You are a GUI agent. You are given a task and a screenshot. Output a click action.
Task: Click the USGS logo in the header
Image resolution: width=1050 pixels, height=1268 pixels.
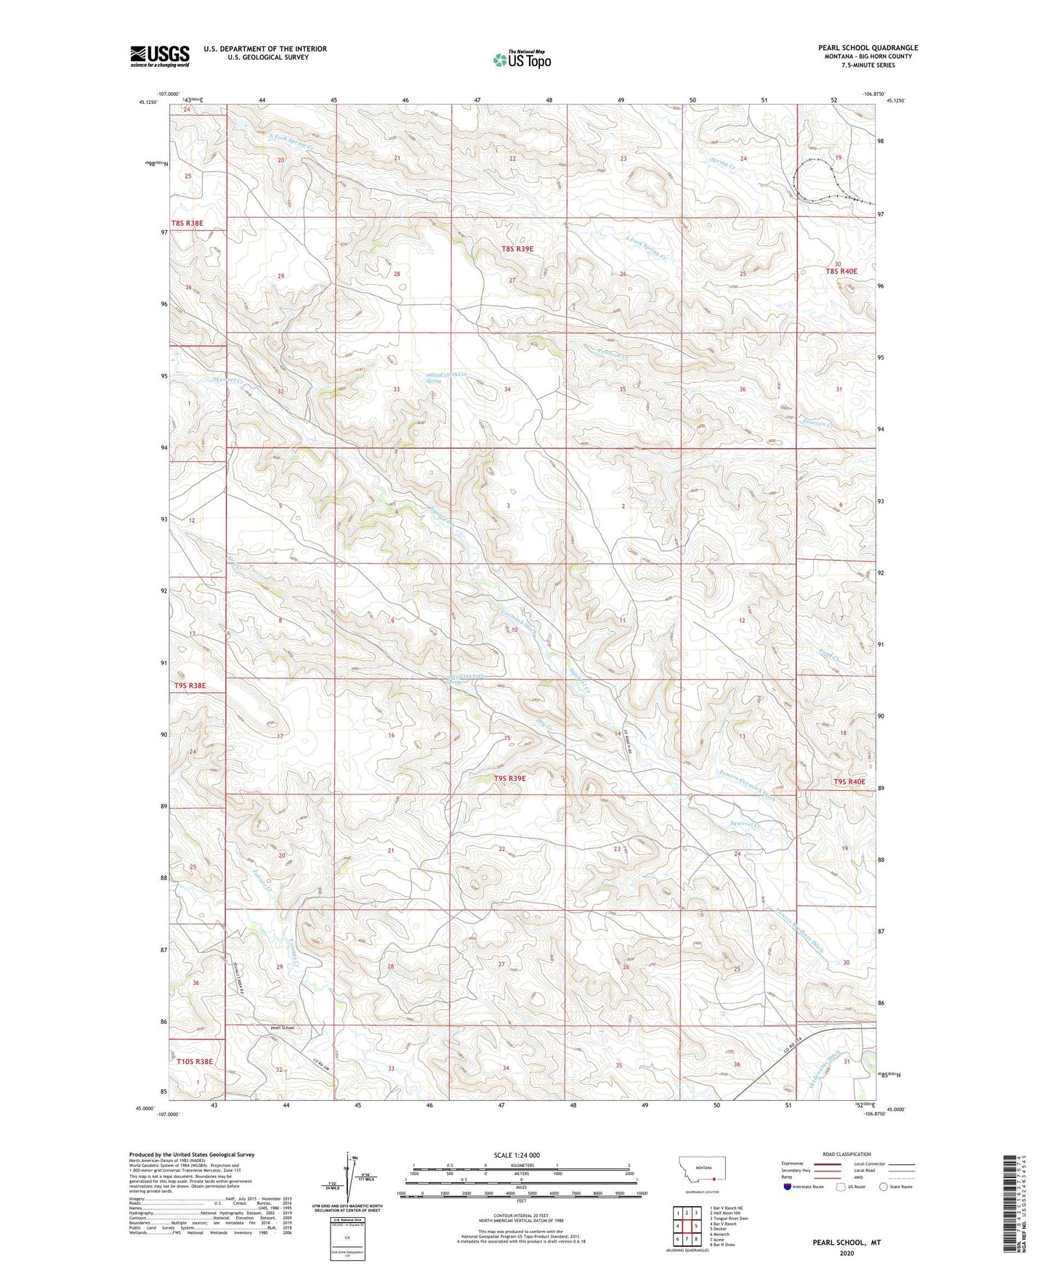click(x=160, y=56)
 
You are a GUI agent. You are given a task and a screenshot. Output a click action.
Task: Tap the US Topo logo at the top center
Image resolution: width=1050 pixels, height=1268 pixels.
click(x=522, y=60)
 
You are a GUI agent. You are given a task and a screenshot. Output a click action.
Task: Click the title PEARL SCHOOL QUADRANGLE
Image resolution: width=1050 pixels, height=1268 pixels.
click(x=868, y=48)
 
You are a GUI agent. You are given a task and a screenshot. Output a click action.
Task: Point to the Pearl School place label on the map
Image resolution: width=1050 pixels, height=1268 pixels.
click(x=282, y=1028)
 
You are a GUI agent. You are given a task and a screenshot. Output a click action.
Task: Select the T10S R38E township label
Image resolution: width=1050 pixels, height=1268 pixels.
click(x=195, y=1061)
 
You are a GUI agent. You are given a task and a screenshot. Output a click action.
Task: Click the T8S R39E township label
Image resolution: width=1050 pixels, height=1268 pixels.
click(x=517, y=249)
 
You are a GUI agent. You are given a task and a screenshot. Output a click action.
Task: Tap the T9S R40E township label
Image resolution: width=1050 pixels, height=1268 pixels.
click(x=849, y=781)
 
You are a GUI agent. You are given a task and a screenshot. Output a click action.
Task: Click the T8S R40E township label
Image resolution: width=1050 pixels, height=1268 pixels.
click(x=841, y=272)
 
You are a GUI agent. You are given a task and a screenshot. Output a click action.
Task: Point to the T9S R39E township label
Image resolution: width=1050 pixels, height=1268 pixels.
click(x=509, y=779)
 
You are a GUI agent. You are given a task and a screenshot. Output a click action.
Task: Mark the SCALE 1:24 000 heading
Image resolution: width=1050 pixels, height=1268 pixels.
click(x=517, y=1155)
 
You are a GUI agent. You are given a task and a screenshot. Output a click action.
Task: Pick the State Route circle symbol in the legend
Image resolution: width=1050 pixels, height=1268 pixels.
click(x=884, y=1187)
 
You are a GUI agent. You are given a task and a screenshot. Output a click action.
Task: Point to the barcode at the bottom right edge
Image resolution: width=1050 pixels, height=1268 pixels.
click(x=1009, y=1203)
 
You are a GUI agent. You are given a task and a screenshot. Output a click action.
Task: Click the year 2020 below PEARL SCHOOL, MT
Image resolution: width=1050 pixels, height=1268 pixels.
click(x=847, y=1253)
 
